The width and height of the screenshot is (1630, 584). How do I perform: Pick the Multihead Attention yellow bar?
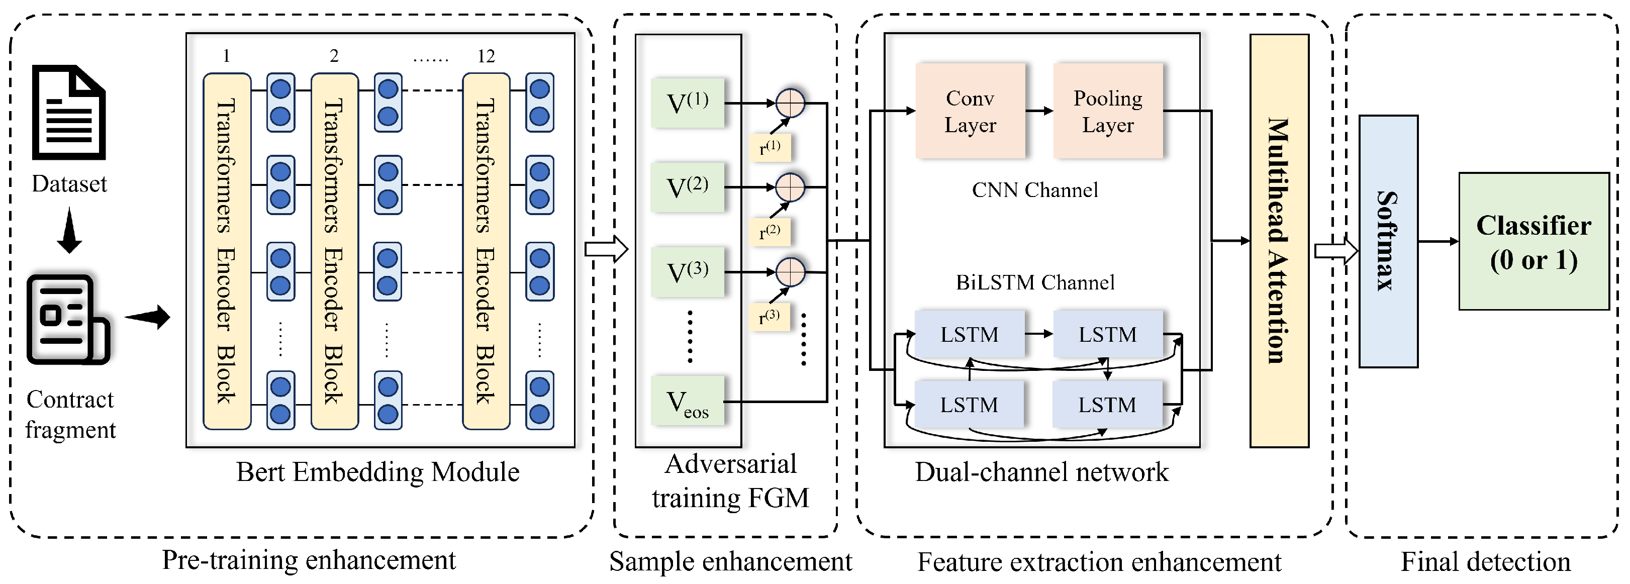click(x=1279, y=240)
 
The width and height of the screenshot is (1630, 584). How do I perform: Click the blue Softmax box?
click(x=1388, y=241)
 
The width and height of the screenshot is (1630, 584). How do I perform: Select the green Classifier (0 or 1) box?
click(x=1533, y=242)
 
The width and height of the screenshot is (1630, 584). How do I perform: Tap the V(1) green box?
click(x=687, y=103)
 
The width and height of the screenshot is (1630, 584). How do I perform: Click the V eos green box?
click(x=687, y=402)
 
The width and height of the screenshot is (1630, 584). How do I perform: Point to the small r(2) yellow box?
click(x=770, y=232)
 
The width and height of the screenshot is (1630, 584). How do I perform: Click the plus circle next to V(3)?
click(x=790, y=272)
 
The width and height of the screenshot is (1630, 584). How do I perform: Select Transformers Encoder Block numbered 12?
click(x=486, y=251)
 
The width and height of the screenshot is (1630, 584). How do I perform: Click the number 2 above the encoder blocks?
click(x=334, y=56)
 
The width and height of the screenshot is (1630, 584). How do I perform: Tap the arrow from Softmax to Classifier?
click(x=1437, y=241)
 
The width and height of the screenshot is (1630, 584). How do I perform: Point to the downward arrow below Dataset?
click(x=69, y=231)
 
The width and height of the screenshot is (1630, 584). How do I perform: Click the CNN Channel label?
click(x=1034, y=190)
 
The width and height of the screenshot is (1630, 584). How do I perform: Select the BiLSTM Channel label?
click(x=1034, y=282)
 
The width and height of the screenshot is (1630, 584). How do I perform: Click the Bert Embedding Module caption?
click(x=378, y=472)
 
